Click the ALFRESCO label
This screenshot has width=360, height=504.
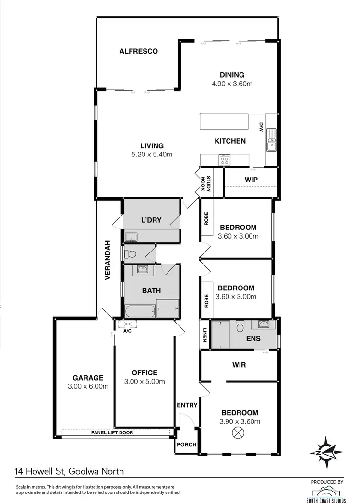139,51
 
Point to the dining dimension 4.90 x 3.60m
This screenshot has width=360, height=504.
232,84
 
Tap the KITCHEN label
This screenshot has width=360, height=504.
230,141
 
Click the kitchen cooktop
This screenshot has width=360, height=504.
225,160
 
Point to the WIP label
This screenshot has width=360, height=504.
252,180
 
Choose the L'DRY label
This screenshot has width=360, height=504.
151,220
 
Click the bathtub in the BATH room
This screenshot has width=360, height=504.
140,312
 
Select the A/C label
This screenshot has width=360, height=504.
128,331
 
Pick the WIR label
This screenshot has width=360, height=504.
239,365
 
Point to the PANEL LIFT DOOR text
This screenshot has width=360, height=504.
112,432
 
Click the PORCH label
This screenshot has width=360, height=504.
187,444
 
